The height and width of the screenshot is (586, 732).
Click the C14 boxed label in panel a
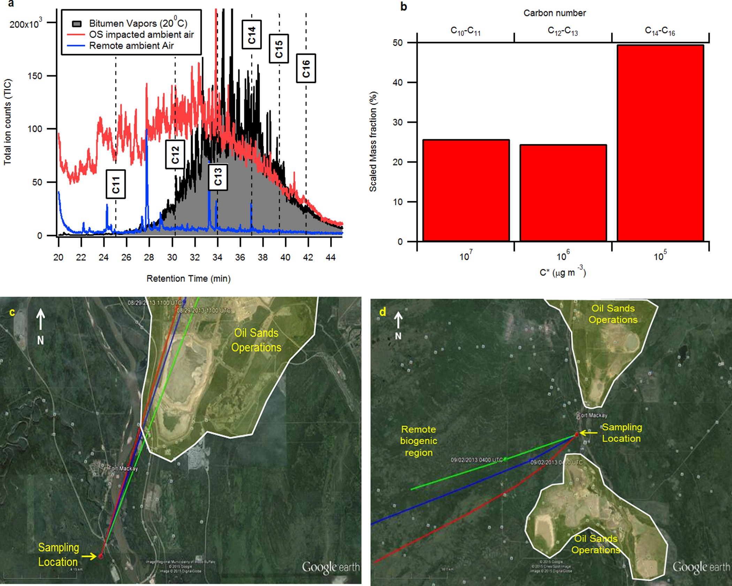tap(252, 35)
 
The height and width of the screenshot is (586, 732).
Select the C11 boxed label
tap(116, 184)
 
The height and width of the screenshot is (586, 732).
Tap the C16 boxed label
tap(306, 68)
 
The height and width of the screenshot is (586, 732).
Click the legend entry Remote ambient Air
tap(131, 46)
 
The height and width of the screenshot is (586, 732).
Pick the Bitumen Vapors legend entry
tap(138, 23)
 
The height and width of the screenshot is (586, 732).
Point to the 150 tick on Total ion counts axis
tap(35, 76)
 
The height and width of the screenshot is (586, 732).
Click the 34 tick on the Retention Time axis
tap(217, 257)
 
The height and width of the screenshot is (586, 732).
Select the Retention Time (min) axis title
tap(188, 278)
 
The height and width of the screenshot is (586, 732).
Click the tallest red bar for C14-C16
tap(660, 143)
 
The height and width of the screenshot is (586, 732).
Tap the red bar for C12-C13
tap(563, 193)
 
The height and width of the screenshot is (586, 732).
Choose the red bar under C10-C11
tap(466, 190)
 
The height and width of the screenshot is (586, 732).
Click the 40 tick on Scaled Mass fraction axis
tap(397, 83)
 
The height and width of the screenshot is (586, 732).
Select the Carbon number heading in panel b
tap(554, 13)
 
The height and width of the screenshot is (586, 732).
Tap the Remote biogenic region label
tap(418, 441)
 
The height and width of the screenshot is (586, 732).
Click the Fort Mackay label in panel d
tap(593, 415)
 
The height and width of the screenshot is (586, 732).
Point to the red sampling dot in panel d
tap(577, 434)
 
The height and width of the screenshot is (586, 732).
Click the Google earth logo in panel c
tap(330, 567)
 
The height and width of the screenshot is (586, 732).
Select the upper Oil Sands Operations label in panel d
tap(613, 314)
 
